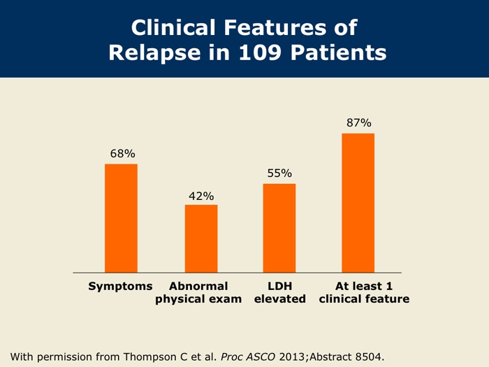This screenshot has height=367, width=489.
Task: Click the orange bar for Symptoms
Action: [x=121, y=218]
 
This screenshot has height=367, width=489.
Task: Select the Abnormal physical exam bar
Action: [x=201, y=238]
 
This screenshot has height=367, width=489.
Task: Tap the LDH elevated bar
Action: [x=279, y=228]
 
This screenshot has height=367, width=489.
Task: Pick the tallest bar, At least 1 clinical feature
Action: [x=358, y=203]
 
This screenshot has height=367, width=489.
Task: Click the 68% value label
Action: [x=122, y=153]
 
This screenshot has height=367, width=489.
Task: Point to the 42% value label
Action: [x=201, y=196]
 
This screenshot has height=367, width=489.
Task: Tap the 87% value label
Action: [x=358, y=123]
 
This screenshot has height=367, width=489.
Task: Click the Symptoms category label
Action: [x=120, y=286]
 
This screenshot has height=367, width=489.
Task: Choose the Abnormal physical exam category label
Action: [x=198, y=292]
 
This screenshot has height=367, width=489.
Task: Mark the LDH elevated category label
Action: [x=279, y=292]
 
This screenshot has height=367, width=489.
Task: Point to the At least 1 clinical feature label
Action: [x=363, y=292]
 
